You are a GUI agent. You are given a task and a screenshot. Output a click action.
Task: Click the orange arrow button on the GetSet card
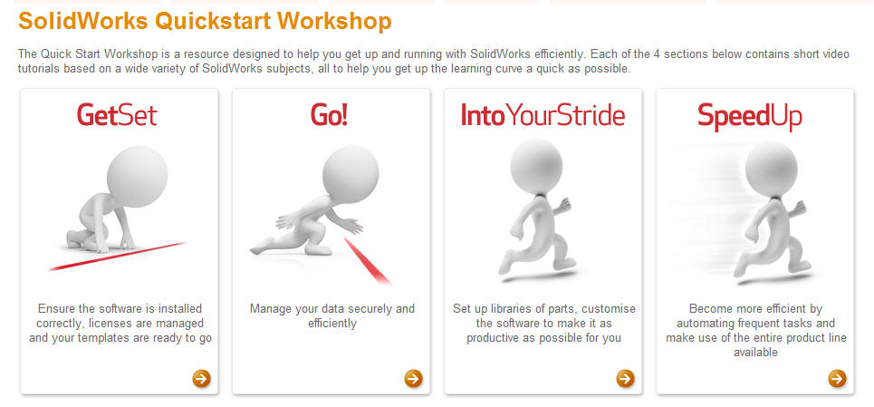click(202, 379)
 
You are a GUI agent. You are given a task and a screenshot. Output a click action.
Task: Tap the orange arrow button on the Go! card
click(414, 379)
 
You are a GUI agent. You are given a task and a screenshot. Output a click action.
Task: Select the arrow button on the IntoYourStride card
click(626, 379)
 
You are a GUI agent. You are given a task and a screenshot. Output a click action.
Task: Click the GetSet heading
click(117, 115)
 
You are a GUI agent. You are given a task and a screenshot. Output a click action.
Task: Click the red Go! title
click(329, 115)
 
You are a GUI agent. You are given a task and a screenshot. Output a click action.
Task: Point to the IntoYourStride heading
click(543, 115)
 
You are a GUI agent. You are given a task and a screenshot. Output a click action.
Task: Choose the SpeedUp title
click(750, 117)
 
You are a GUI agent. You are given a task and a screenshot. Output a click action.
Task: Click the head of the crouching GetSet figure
click(137, 177)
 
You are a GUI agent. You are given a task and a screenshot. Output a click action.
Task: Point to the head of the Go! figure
click(351, 175)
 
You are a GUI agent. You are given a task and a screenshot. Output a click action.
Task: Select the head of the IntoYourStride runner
click(536, 166)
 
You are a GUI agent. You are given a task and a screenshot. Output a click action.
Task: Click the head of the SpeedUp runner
click(772, 169)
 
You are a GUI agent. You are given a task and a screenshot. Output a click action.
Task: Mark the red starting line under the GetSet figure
click(117, 257)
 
